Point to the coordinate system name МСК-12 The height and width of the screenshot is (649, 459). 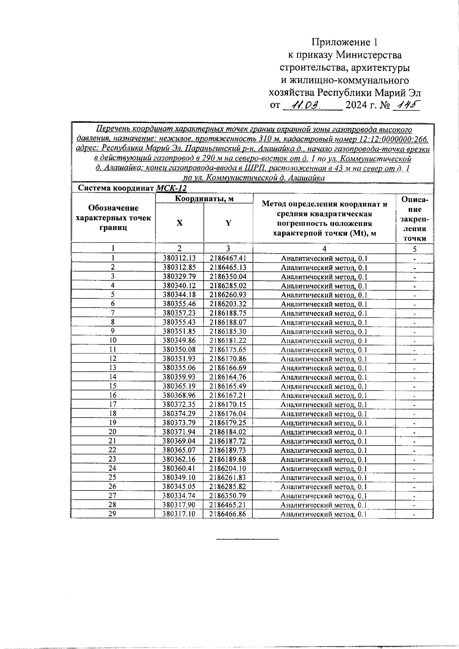point(171,188)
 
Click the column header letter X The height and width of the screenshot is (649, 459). point(179,223)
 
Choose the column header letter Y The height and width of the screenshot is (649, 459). point(228,223)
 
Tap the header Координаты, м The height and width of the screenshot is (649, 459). point(204,198)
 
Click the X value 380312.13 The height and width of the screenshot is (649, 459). point(179,258)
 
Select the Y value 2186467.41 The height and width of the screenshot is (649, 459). point(228,258)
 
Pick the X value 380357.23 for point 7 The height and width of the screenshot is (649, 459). point(179,313)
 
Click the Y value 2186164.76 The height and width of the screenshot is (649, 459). point(228,377)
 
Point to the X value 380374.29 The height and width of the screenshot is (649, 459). point(179,414)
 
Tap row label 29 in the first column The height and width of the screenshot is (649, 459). point(112,514)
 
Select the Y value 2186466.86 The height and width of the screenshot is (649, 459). point(228,514)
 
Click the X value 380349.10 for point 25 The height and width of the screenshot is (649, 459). point(179,477)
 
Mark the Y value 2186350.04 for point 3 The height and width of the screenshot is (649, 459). point(228,277)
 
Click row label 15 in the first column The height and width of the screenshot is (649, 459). point(112,386)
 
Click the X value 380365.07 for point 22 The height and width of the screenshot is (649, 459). point(179,450)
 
